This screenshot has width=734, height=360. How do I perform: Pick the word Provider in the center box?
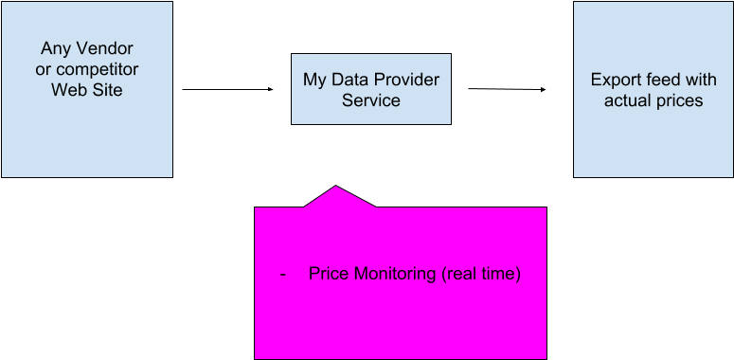click(409, 80)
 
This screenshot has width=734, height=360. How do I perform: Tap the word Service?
click(371, 100)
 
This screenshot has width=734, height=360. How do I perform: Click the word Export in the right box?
click(614, 80)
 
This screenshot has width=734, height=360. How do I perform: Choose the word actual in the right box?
click(628, 100)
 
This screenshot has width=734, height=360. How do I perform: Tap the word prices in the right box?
click(679, 100)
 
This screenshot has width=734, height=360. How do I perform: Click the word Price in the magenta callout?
click(329, 275)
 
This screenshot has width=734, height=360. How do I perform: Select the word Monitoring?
click(393, 275)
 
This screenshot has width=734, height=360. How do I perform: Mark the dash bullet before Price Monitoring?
click(283, 275)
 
